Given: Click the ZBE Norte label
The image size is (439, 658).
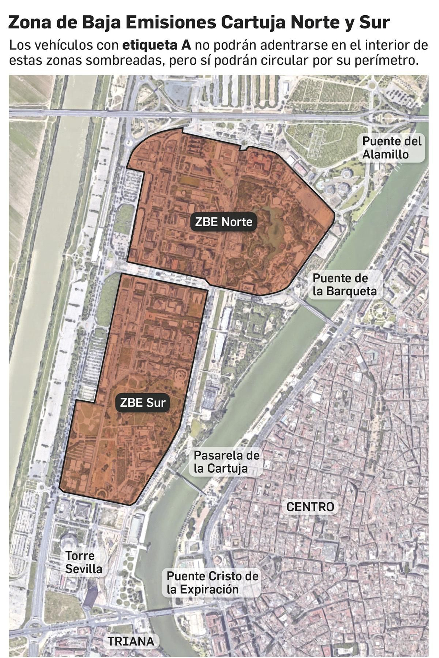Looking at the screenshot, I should tap(223, 222).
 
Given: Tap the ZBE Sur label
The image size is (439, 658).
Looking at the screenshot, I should tap(143, 402).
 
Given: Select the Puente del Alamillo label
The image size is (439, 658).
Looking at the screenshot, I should tap(392, 148).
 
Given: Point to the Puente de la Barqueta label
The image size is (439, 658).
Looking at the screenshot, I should tap(344, 285).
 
